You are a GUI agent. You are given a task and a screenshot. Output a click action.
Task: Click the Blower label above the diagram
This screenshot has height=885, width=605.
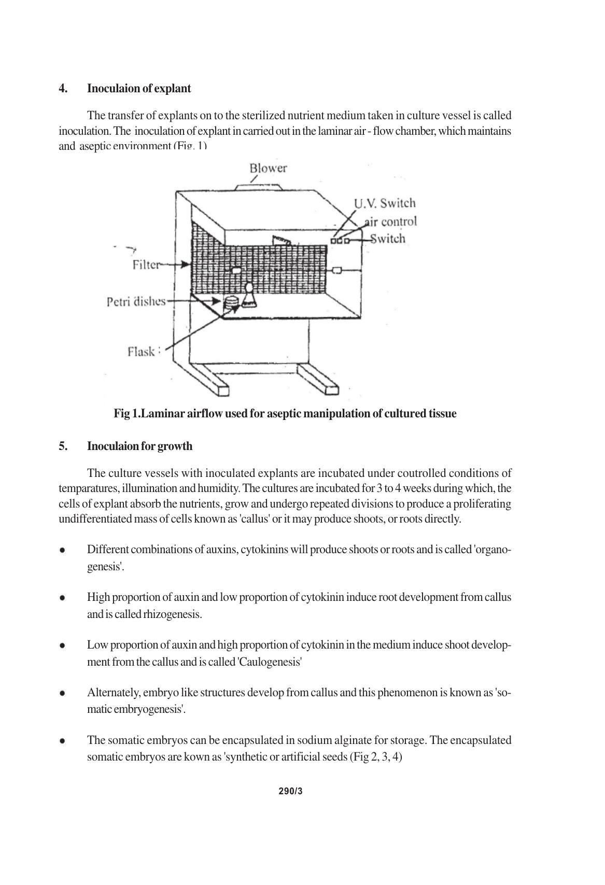(x=268, y=168)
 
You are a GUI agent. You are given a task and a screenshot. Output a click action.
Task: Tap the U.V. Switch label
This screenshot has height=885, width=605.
(x=385, y=203)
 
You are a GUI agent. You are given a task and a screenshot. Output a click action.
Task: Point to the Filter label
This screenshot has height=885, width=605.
(x=146, y=265)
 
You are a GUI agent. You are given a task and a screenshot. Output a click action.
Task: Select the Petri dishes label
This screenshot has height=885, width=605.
(x=136, y=301)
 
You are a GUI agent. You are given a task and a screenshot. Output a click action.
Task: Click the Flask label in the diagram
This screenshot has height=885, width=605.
(x=141, y=352)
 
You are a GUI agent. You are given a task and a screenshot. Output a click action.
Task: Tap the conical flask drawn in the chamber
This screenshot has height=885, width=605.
(x=250, y=297)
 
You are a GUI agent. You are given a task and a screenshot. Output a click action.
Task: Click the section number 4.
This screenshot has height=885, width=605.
(x=63, y=89)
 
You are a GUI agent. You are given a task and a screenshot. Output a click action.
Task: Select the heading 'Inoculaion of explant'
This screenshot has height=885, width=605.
(x=139, y=89)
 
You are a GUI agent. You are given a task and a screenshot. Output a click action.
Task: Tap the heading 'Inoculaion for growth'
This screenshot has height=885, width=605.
(x=139, y=446)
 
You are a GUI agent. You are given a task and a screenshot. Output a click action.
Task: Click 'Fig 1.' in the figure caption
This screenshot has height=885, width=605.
(x=127, y=414)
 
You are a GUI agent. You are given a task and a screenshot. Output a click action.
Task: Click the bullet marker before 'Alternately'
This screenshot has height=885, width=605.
(x=62, y=693)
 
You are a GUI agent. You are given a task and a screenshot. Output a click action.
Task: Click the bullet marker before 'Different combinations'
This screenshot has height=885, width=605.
(x=62, y=550)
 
